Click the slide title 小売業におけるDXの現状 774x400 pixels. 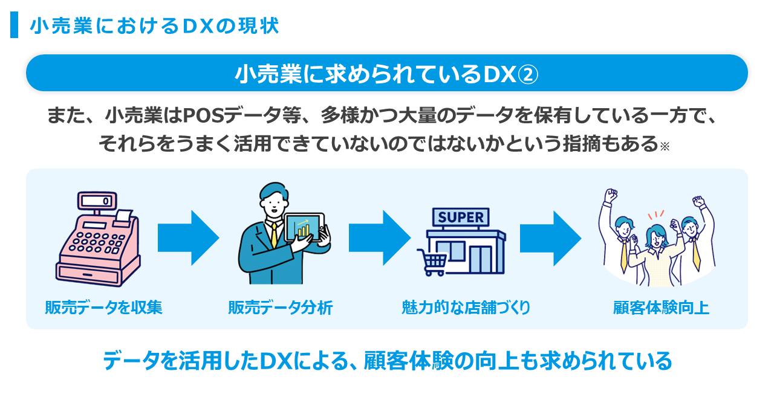click(x=154, y=25)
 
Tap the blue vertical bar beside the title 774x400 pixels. click(x=14, y=25)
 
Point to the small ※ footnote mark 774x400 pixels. click(x=665, y=147)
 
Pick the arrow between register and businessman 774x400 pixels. click(x=187, y=237)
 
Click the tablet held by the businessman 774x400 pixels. click(x=304, y=227)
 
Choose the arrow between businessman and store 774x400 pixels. click(x=379, y=237)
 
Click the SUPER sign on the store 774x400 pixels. click(x=461, y=218)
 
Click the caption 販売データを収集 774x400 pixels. click(x=103, y=308)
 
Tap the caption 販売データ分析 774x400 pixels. click(x=280, y=308)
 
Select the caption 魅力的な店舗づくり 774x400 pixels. click(x=466, y=308)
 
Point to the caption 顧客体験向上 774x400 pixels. click(x=660, y=308)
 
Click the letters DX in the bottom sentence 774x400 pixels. click(x=275, y=361)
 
